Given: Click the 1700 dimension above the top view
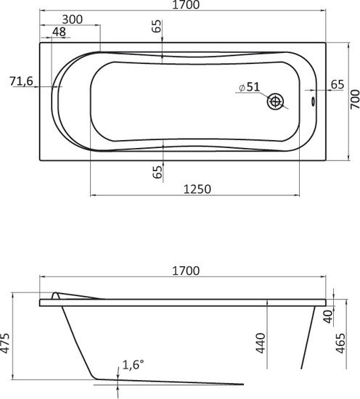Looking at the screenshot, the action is [x=186, y=4].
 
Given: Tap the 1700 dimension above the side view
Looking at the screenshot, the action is [x=186, y=271].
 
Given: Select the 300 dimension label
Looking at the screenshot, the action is [x=73, y=20].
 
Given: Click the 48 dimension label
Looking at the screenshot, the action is [x=59, y=32].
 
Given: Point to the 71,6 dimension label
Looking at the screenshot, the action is [x=22, y=81].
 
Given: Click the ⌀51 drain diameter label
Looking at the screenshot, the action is [x=250, y=87].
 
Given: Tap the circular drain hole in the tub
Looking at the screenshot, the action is [x=275, y=102].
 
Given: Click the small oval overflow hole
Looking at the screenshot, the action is [x=313, y=102].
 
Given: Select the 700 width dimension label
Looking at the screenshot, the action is [x=355, y=99].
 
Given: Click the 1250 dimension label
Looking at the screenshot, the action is [x=197, y=189].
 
